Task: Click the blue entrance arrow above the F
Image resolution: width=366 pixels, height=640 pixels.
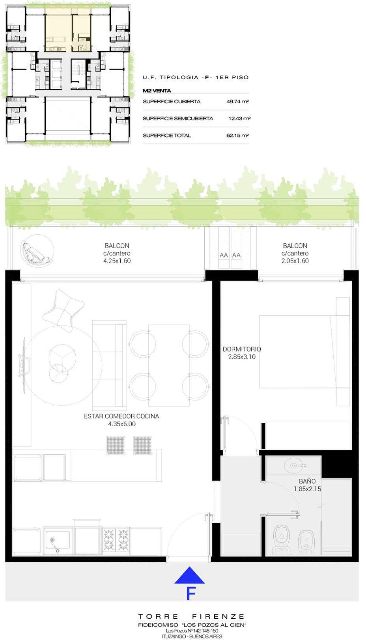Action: click(x=189, y=575)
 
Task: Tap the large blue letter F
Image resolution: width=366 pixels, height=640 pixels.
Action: click(x=190, y=594)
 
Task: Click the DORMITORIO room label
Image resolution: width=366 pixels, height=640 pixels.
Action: click(x=242, y=349)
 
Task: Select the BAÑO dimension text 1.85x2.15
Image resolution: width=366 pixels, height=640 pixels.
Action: click(x=307, y=489)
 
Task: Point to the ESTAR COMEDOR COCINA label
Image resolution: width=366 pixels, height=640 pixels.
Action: click(x=121, y=416)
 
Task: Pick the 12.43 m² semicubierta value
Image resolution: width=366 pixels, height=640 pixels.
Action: click(x=239, y=118)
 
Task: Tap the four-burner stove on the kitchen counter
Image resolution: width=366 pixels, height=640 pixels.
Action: click(x=116, y=540)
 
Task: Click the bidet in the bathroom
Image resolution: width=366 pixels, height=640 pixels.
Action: click(x=306, y=542)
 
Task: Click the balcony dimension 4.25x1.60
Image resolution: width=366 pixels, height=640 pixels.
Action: click(x=117, y=261)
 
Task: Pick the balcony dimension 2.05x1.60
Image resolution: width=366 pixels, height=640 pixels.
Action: click(x=295, y=261)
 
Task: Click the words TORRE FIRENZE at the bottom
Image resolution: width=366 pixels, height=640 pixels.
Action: click(x=191, y=617)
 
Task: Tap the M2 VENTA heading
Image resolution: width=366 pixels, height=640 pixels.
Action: click(x=157, y=91)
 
